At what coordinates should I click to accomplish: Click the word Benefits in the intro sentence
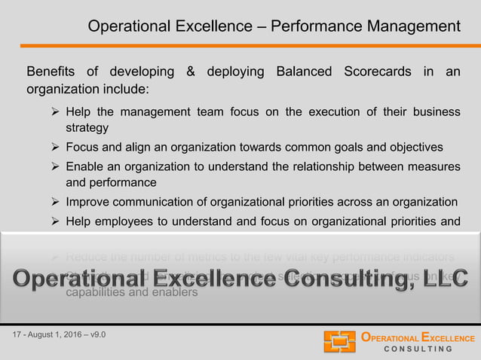51,72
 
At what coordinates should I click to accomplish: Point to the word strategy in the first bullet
87,128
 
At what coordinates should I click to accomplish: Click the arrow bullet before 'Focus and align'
55,146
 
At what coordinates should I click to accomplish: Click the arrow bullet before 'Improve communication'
55,202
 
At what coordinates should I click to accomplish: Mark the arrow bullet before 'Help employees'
55,221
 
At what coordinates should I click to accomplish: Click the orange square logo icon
339,341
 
